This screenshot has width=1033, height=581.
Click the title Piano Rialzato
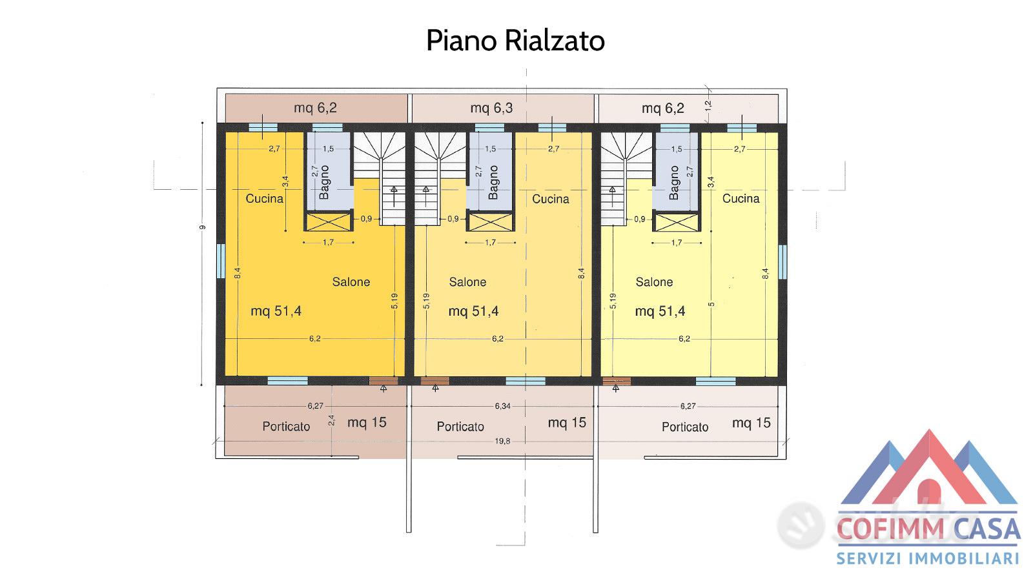(x=515, y=41)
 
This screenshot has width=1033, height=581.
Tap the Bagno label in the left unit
(x=324, y=183)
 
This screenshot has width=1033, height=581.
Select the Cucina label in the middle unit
(x=551, y=199)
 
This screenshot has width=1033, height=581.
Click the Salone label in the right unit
(x=654, y=282)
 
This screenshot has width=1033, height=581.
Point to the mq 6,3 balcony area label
(x=491, y=108)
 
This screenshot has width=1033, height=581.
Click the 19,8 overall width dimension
(x=502, y=442)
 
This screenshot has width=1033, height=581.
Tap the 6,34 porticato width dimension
(x=503, y=406)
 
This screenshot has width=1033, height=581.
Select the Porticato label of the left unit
(x=286, y=427)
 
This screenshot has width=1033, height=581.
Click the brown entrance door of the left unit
(x=384, y=381)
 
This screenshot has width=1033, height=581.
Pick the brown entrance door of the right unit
(x=617, y=381)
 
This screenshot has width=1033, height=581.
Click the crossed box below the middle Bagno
(x=490, y=222)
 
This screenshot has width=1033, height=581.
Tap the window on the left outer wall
(x=221, y=261)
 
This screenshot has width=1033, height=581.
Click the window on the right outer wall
(x=782, y=262)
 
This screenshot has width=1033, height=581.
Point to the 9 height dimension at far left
(x=201, y=227)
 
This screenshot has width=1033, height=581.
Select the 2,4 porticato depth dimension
(x=331, y=420)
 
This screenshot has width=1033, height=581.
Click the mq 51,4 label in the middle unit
(x=474, y=311)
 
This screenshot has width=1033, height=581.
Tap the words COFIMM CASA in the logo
(x=928, y=529)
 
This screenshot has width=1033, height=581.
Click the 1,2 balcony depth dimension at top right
(x=708, y=106)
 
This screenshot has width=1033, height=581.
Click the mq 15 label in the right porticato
(x=752, y=423)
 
